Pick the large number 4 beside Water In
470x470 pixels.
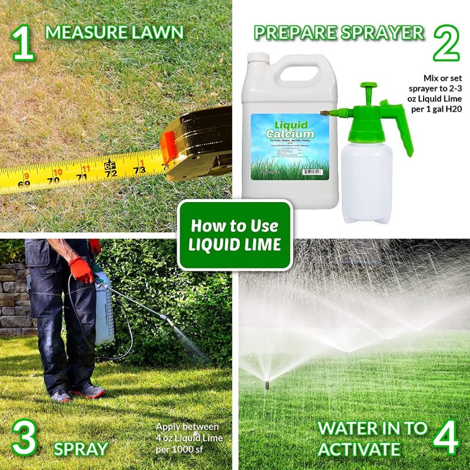click(446, 436)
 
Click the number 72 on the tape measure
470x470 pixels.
click(111, 174)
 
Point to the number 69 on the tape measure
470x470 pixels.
click(24, 183)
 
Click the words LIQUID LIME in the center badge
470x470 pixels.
click(235, 244)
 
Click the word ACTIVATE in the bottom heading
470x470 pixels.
click(358, 449)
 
